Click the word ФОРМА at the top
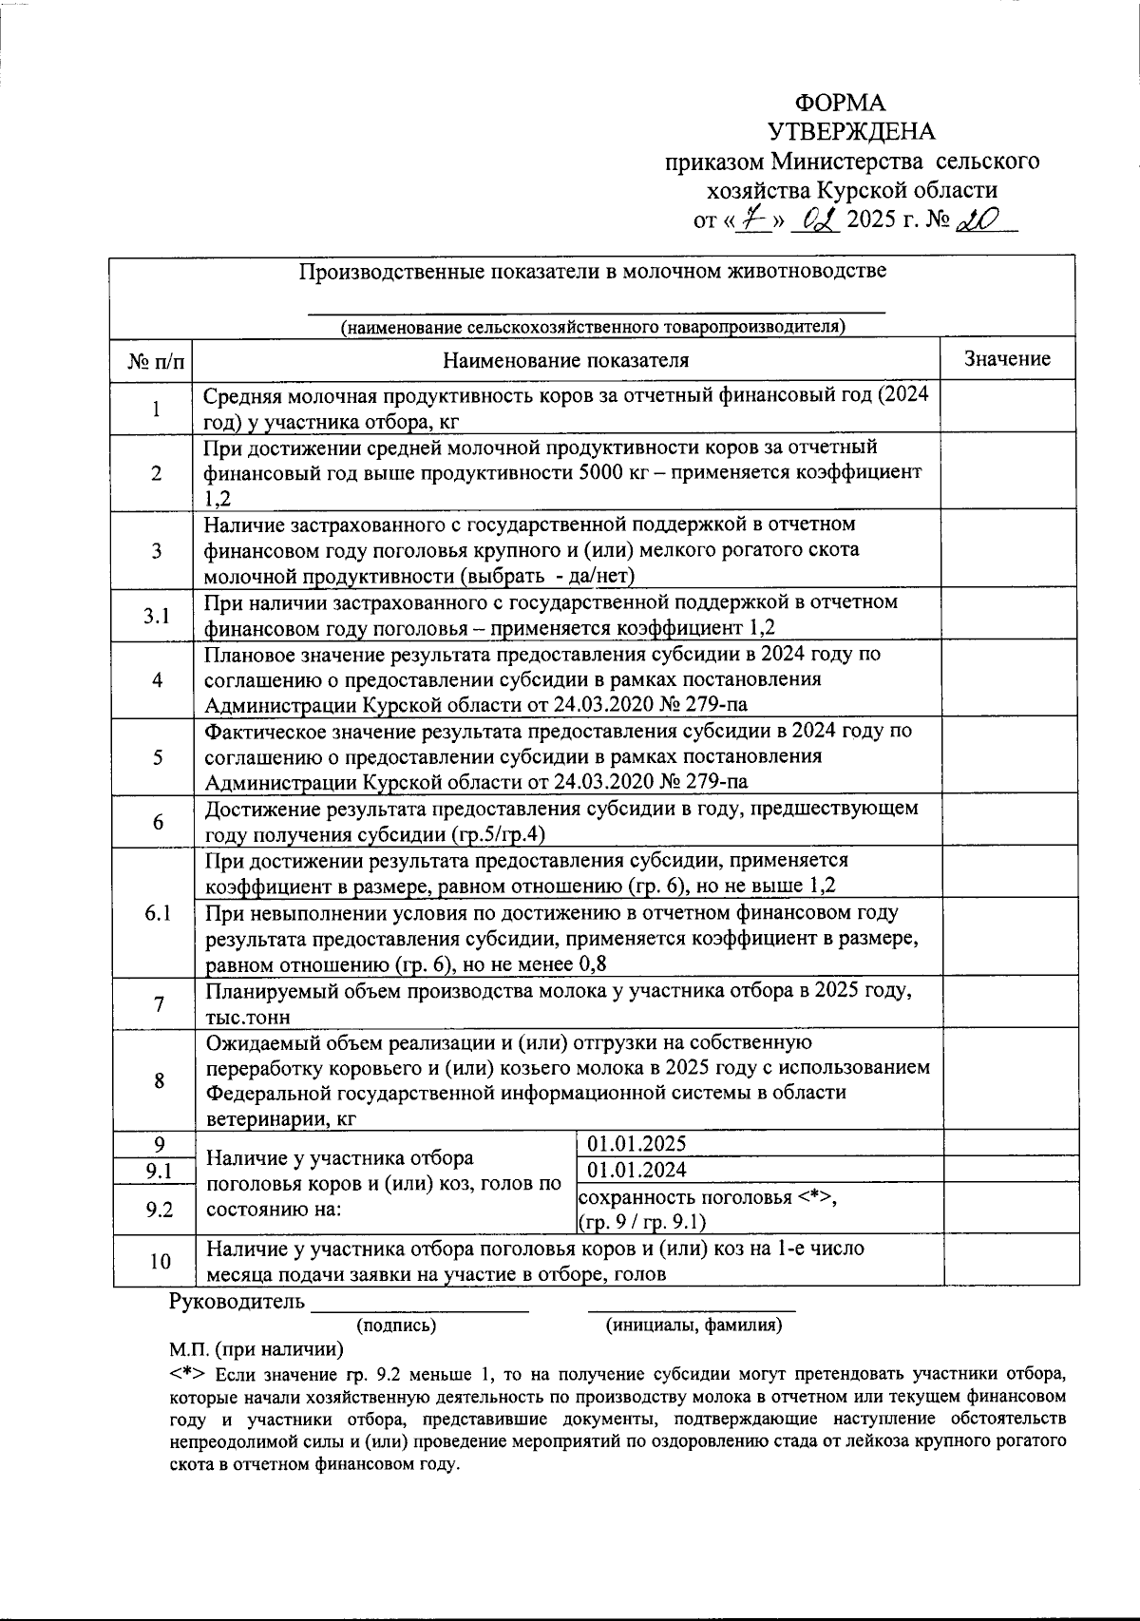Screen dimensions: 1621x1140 click(840, 104)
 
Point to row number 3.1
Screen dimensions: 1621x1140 click(157, 616)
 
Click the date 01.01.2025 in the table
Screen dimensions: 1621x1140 click(637, 1144)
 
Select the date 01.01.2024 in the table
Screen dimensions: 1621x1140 click(637, 1170)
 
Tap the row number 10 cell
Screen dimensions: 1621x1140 click(160, 1262)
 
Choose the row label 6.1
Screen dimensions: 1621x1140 click(157, 913)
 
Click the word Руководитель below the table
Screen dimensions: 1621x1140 click(237, 1301)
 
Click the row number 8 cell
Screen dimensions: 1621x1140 click(159, 1080)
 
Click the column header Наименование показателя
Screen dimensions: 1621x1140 click(565, 360)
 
